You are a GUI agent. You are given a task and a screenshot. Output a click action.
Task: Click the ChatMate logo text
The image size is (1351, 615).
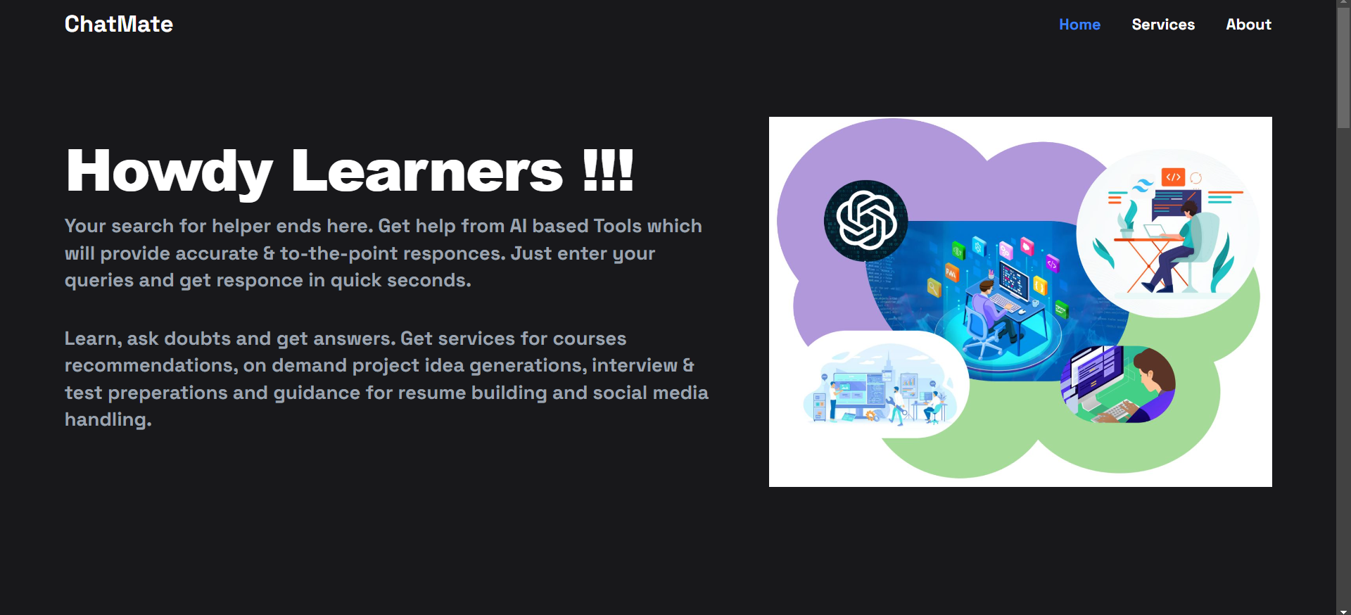[x=118, y=24]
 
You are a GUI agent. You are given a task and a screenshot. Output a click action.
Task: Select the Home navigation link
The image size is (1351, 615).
[x=1079, y=25]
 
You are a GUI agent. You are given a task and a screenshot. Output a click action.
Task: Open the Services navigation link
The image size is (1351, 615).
[x=1163, y=25]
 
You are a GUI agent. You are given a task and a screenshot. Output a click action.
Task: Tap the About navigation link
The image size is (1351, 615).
[x=1248, y=25]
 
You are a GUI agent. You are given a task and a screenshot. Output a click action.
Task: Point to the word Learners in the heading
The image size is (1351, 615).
[x=426, y=170]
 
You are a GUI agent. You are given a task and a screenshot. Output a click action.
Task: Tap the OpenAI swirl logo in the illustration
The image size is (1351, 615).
[x=866, y=220]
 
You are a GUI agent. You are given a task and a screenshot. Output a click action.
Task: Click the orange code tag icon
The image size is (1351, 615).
[x=1173, y=177]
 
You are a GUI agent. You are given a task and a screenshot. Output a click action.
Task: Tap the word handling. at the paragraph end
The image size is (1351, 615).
[x=108, y=420]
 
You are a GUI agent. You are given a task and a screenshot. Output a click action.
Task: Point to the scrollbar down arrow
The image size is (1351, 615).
[x=1343, y=611]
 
